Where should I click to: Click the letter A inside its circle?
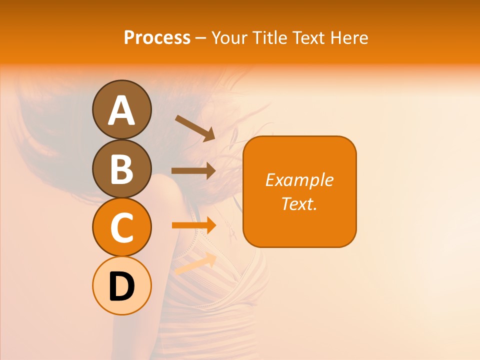click(x=121, y=111)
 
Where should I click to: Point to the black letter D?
click(x=121, y=287)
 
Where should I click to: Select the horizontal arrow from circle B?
click(x=193, y=170)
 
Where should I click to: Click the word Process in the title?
click(x=157, y=37)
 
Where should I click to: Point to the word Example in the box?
click(x=299, y=180)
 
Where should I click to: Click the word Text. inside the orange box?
click(x=299, y=203)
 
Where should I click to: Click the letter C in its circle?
click(x=121, y=228)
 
